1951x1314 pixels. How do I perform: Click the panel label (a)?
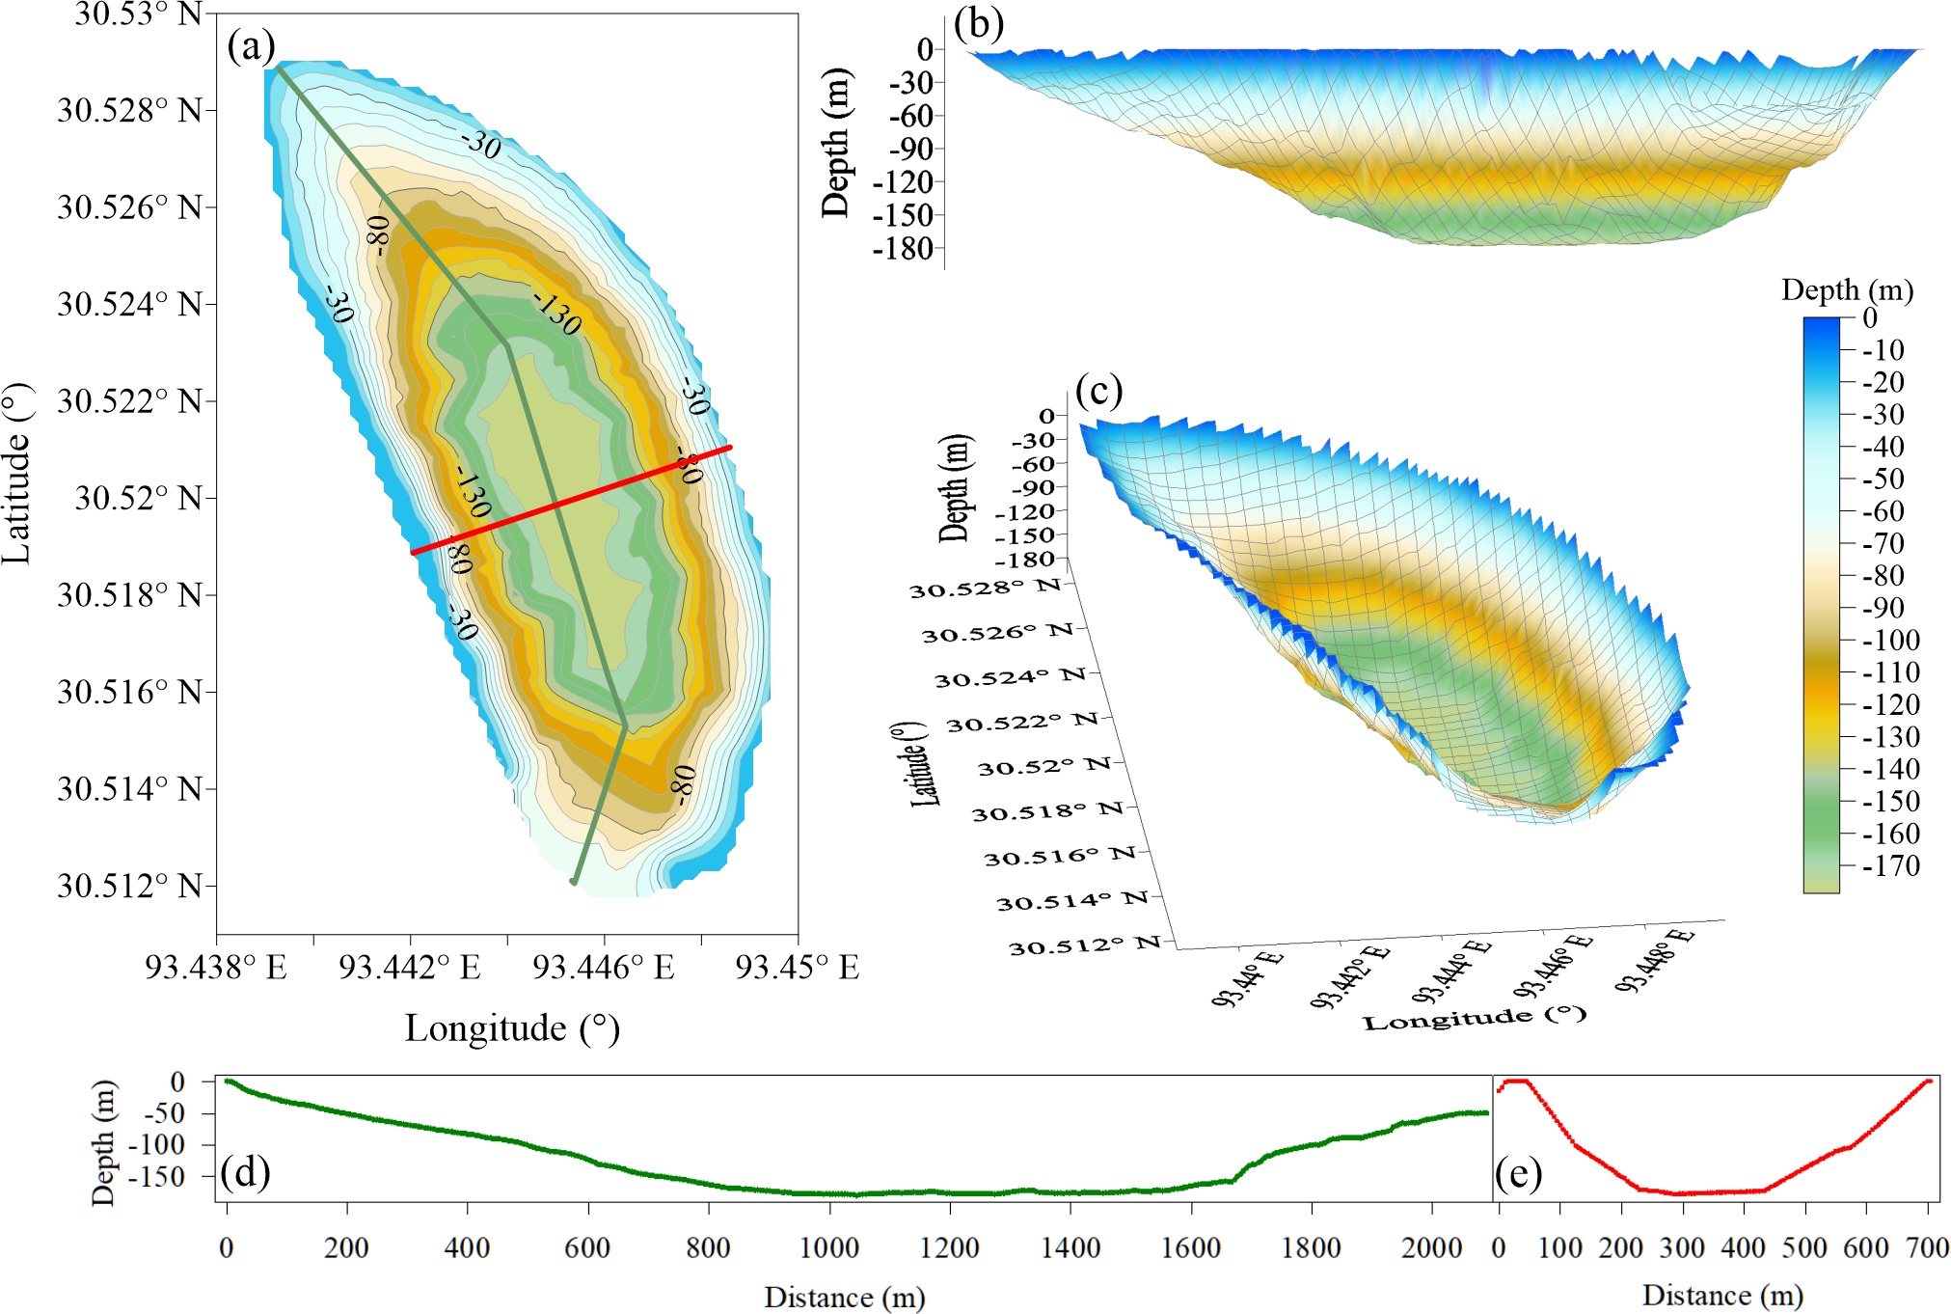coord(251,46)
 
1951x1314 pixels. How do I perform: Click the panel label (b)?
coord(978,24)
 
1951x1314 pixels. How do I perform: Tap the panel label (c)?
coord(1098,392)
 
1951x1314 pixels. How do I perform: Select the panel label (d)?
coord(245,1172)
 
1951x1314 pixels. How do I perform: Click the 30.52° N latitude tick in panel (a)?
coord(139,498)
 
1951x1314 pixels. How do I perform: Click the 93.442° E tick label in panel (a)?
coord(409,967)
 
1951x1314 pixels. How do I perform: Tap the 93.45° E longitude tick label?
coord(797,967)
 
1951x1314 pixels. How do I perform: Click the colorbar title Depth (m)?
coord(1847,290)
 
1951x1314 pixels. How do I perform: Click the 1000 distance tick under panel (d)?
coord(829,1247)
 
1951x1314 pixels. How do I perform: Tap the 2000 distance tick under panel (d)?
coord(1431,1247)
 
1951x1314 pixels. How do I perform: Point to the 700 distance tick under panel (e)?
coord(1927,1247)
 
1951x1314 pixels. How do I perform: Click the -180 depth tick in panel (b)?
coord(904,249)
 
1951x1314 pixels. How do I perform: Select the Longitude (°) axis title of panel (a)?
coord(512,1028)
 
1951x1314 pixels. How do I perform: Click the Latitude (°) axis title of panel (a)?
coord(17,473)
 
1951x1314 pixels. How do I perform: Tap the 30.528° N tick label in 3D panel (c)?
coord(986,588)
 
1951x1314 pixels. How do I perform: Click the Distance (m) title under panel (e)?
coord(1722,1296)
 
